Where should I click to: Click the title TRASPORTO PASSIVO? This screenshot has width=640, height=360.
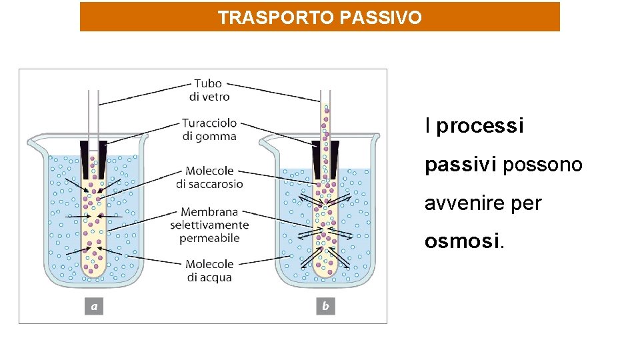[319, 17]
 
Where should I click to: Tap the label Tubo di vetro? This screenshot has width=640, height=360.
[209, 90]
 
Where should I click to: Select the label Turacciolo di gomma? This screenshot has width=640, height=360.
[209, 129]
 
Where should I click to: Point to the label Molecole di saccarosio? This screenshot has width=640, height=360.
[209, 177]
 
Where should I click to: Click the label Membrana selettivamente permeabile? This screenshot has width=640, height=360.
[209, 225]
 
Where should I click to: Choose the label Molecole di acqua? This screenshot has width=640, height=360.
[209, 271]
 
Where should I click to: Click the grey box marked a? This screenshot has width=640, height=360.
[94, 306]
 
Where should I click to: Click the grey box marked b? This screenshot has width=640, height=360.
[325, 306]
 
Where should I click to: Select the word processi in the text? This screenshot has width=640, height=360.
[480, 126]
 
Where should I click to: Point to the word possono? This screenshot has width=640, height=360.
[543, 164]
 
